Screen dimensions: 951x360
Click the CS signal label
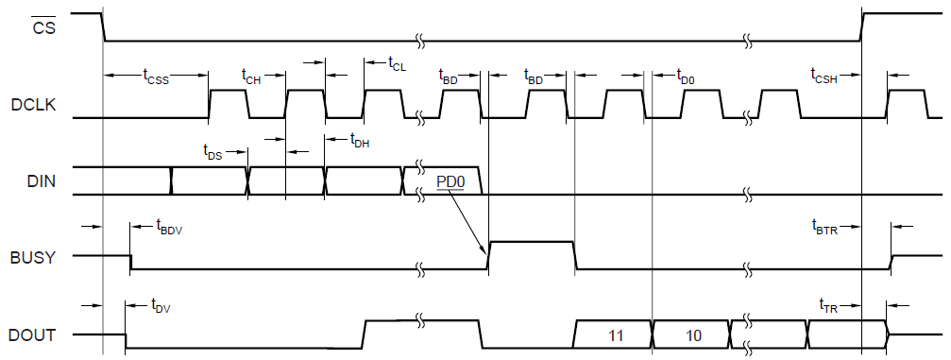point(43,26)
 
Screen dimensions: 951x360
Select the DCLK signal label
point(33,105)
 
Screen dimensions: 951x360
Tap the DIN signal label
point(42,180)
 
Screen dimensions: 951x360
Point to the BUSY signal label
point(33,257)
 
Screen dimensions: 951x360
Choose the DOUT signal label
point(32,335)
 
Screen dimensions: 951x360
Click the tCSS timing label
point(156,76)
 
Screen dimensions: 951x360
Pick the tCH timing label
point(252,76)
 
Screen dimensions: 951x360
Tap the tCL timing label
point(397,62)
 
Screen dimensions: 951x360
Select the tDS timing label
point(212,152)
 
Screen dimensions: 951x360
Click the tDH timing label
point(360,140)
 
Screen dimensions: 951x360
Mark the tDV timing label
point(161,305)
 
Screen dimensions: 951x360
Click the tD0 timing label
point(686,76)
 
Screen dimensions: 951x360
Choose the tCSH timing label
point(824,76)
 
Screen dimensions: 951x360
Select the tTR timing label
point(828,305)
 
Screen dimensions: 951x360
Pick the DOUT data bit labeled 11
point(616,335)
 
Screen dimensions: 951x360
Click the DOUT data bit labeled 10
point(693,335)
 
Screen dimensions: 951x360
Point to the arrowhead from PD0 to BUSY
point(484,251)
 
